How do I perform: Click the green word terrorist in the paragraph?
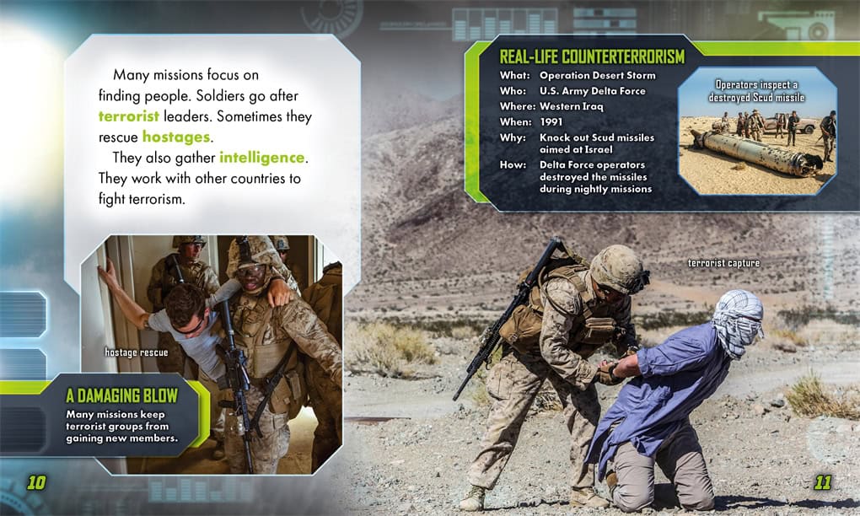tap(129, 116)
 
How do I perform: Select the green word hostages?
tap(176, 137)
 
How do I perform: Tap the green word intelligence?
tap(261, 158)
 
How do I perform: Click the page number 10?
tap(37, 482)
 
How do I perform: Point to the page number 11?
tap(822, 482)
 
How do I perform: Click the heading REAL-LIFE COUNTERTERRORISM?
tap(592, 56)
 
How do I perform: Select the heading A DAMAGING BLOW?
tap(121, 395)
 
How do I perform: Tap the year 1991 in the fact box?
tap(551, 121)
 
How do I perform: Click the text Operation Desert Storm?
tap(597, 76)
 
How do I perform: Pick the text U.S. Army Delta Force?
tap(593, 91)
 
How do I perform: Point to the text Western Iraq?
tap(571, 106)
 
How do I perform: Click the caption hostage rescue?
tap(137, 352)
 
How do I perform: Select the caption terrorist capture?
tap(724, 263)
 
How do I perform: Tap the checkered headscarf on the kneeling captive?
tap(738, 321)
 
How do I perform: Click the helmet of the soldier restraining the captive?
tap(618, 269)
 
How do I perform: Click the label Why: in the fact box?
tap(513, 137)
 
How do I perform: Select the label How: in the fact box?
tap(513, 165)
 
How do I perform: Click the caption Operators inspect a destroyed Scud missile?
tap(756, 91)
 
